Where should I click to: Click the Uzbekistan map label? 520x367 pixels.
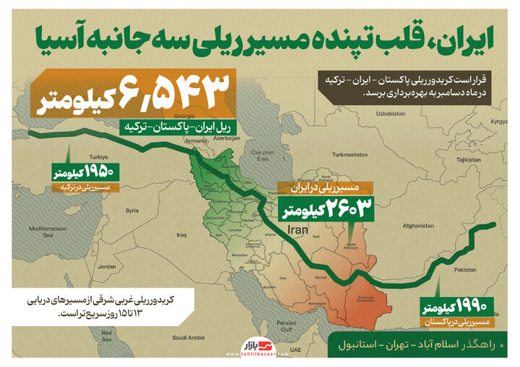point(390,113)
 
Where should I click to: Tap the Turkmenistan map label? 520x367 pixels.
point(350,154)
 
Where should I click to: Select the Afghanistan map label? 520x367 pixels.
point(419,225)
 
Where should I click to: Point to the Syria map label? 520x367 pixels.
point(131,211)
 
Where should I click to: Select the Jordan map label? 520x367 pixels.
point(107,267)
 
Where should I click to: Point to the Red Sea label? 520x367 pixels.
point(106,334)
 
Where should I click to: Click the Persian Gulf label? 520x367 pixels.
point(286,324)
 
